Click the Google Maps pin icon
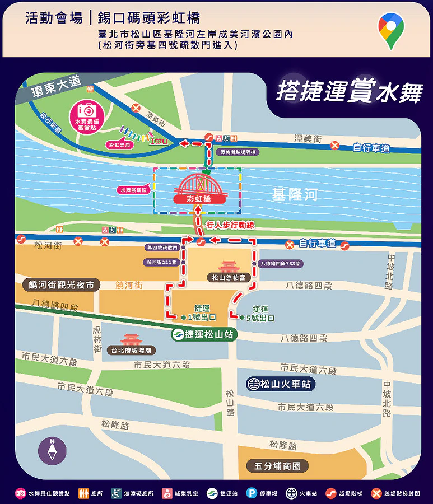pos(390,30)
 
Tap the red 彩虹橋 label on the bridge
pos(199,198)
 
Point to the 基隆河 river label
pos(295,195)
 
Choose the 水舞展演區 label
pos(133,190)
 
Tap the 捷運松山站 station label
pos(203,335)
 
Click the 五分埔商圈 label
pos(278,466)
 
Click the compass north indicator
pos(52,450)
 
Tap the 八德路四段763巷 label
pos(280,263)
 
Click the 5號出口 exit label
pos(260,318)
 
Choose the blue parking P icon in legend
pos(252,493)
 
